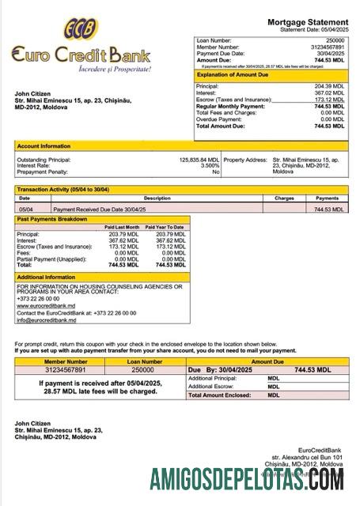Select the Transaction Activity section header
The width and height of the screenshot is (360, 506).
click(x=64, y=191)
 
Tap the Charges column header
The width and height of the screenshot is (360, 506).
click(x=284, y=198)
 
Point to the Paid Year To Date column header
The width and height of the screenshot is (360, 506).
click(x=165, y=227)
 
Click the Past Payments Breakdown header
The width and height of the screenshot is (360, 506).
click(x=54, y=219)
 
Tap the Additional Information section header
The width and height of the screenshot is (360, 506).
click(x=47, y=277)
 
